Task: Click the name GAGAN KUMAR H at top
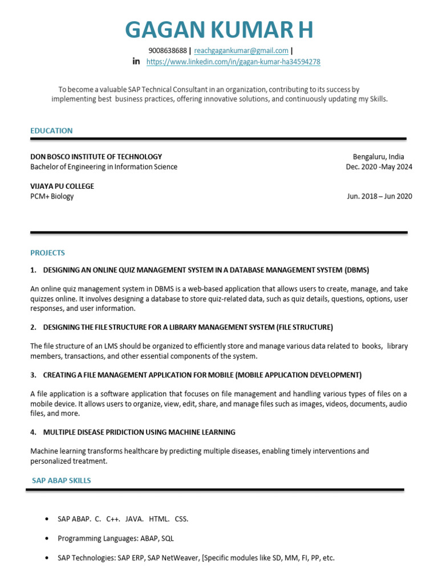coord(219,30)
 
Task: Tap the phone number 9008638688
coord(168,50)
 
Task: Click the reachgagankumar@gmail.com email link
coord(241,50)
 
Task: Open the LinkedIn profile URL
coord(233,62)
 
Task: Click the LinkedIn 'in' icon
coord(136,61)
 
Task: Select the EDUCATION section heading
coord(51,131)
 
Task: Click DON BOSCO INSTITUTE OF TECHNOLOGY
coord(96,156)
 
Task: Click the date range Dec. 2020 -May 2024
coord(379,167)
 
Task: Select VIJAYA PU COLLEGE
coord(62,186)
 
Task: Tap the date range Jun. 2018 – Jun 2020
coord(379,196)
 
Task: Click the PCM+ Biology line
coord(52,196)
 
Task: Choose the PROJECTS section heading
coord(47,253)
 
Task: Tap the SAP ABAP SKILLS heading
coord(62,481)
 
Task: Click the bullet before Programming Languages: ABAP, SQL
coord(46,538)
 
